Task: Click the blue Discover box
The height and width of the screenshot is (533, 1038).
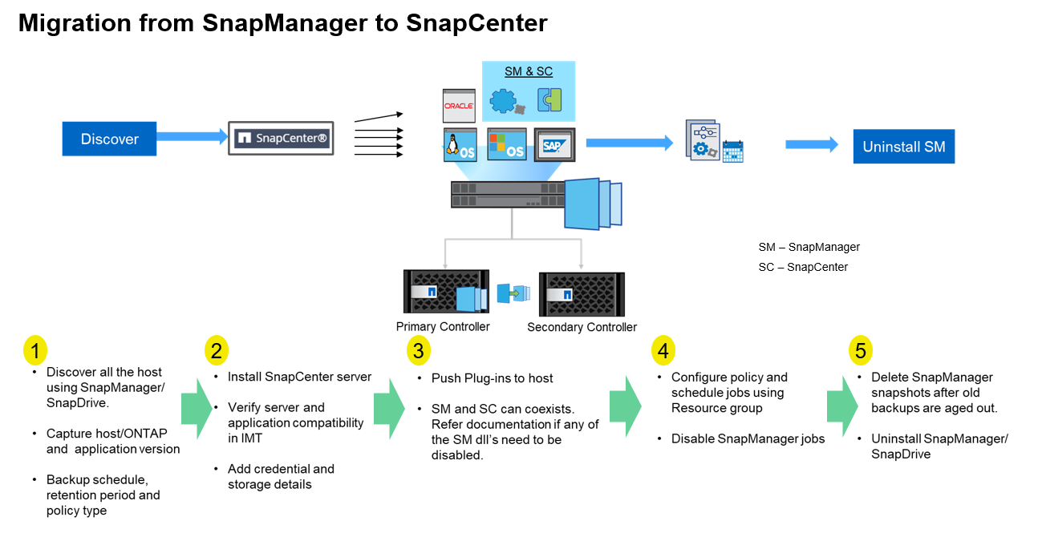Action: coord(109,139)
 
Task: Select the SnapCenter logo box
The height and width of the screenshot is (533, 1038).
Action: coord(281,139)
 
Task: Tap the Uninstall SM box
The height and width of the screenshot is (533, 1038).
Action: coord(903,147)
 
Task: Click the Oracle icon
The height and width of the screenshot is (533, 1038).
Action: coord(459,106)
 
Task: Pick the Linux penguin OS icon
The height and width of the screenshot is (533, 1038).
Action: coord(460,144)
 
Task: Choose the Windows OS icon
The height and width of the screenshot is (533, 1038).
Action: coord(507,144)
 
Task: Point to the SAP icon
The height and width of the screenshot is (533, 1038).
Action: coord(553,145)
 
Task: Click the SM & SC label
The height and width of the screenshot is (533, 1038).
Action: coord(529,72)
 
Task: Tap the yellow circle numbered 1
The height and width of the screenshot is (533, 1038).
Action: coord(35,350)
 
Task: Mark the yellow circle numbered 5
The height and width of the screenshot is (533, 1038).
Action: coord(860,350)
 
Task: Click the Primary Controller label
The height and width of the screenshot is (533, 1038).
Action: coord(443,327)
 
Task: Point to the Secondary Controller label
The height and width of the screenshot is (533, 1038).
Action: coord(582,327)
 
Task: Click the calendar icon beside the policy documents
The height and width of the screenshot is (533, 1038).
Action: coord(733,151)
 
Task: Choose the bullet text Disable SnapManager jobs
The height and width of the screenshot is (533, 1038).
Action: coord(748,439)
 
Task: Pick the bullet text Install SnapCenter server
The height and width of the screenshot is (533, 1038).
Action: coord(299,377)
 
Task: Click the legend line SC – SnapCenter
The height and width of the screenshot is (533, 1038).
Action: coord(803,267)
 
